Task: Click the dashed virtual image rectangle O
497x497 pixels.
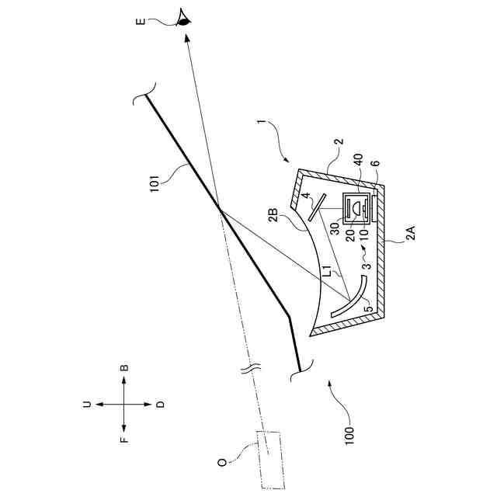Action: (270, 459)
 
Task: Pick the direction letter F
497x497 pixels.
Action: (124, 440)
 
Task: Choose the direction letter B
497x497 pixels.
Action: (124, 367)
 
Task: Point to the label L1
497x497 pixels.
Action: (331, 271)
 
